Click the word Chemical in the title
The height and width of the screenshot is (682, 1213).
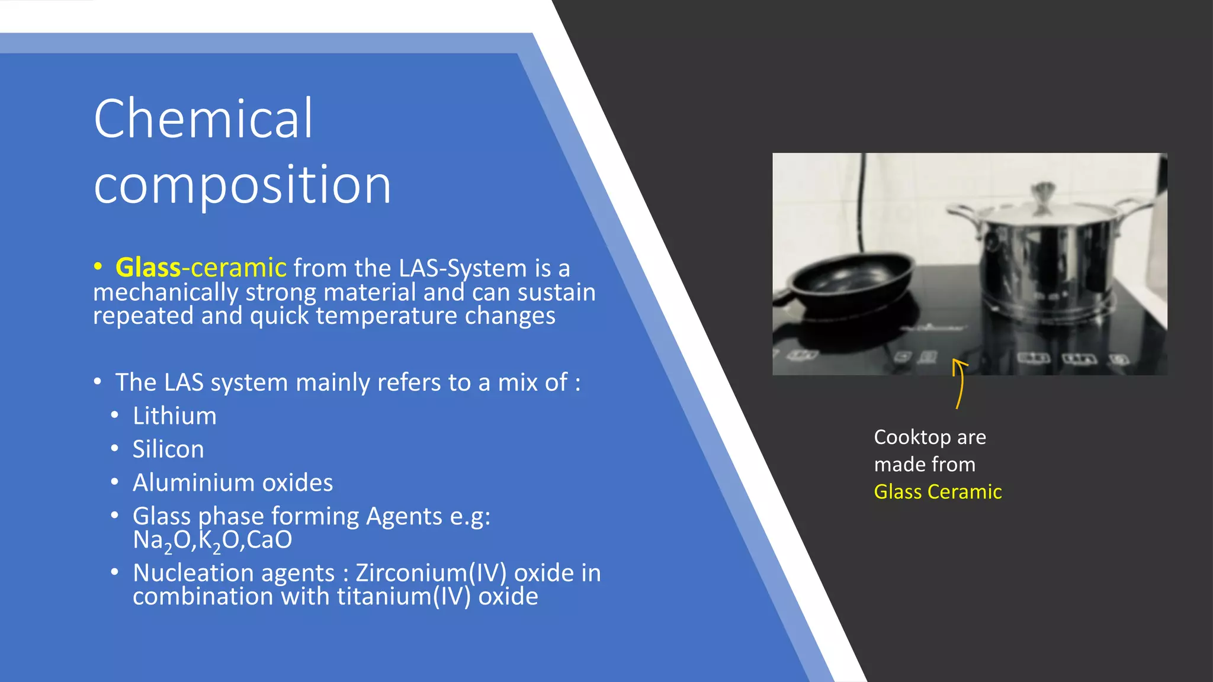coord(203,119)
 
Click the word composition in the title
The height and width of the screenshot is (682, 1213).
coord(242,185)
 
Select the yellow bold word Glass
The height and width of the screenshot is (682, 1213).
coord(148,268)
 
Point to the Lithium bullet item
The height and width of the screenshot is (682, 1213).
coord(175,416)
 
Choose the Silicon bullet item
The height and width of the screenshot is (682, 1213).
coord(168,449)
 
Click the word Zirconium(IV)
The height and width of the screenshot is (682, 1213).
coord(431,573)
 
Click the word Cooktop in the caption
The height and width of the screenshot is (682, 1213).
coord(912,437)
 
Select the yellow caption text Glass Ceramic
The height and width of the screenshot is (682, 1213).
coord(938,491)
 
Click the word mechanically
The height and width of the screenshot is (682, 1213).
coord(166,292)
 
